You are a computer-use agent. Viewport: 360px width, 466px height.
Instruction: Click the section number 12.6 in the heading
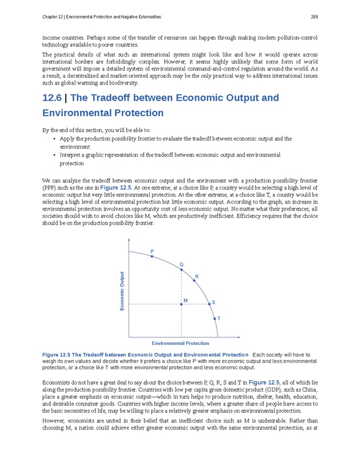point(53,98)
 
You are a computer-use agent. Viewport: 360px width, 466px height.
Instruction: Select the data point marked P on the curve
point(151,256)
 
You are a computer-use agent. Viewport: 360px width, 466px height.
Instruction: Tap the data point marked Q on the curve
point(182,269)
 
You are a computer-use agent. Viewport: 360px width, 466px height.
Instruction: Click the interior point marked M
point(182,304)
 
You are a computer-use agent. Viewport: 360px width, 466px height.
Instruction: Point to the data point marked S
point(209,304)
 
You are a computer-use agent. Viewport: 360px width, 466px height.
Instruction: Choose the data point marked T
point(214,318)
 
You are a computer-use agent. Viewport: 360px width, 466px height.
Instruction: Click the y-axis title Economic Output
point(122,291)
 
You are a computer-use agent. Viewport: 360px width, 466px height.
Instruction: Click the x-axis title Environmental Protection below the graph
point(180,343)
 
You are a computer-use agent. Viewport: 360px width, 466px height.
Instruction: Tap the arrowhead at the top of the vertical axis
point(129,241)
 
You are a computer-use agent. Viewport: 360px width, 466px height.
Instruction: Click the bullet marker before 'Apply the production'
point(53,139)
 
